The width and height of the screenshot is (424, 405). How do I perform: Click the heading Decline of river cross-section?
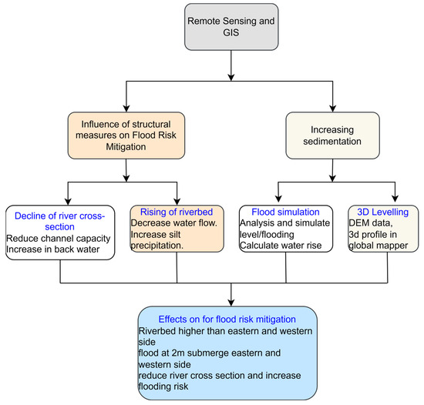click(x=59, y=217)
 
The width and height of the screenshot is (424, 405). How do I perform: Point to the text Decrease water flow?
click(x=176, y=223)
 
